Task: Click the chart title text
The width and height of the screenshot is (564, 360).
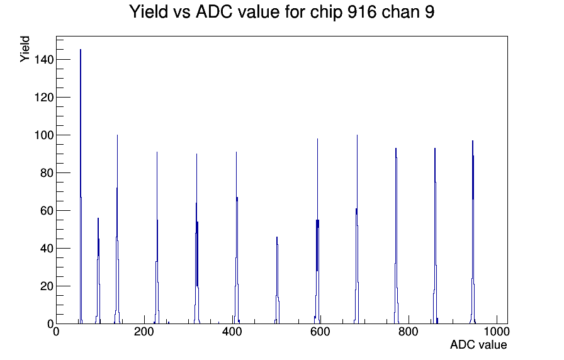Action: pyautogui.click(x=281, y=12)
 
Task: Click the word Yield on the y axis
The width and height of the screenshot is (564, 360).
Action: pyautogui.click(x=25, y=49)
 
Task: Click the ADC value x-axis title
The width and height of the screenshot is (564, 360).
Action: pyautogui.click(x=478, y=344)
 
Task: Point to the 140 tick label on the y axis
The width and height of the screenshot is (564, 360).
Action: pyautogui.click(x=44, y=60)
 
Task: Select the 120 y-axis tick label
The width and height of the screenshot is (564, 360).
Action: pyautogui.click(x=44, y=98)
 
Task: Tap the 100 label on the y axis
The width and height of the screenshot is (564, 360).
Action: pyautogui.click(x=44, y=135)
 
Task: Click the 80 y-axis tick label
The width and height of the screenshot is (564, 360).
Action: pyautogui.click(x=47, y=173)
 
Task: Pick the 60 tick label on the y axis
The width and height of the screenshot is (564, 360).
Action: pyautogui.click(x=47, y=211)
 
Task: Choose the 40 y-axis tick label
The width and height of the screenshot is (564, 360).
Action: pyautogui.click(x=47, y=249)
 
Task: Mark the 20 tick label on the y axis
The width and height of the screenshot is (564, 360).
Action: pyautogui.click(x=47, y=286)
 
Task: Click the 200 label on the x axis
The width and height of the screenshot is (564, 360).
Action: pyautogui.click(x=144, y=332)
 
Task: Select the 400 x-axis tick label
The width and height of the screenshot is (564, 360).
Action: pyautogui.click(x=232, y=332)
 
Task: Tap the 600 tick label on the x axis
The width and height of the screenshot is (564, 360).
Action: pyautogui.click(x=320, y=332)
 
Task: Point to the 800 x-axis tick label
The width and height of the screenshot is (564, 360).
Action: pyautogui.click(x=409, y=332)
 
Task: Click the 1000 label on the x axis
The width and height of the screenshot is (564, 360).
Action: pyautogui.click(x=497, y=332)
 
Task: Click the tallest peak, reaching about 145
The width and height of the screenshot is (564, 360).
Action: pyautogui.click(x=81, y=187)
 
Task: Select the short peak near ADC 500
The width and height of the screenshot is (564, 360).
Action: pyautogui.click(x=277, y=281)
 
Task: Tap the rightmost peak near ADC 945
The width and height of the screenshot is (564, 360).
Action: pyautogui.click(x=473, y=232)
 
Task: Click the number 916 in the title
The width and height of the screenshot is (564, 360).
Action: pyautogui.click(x=362, y=12)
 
